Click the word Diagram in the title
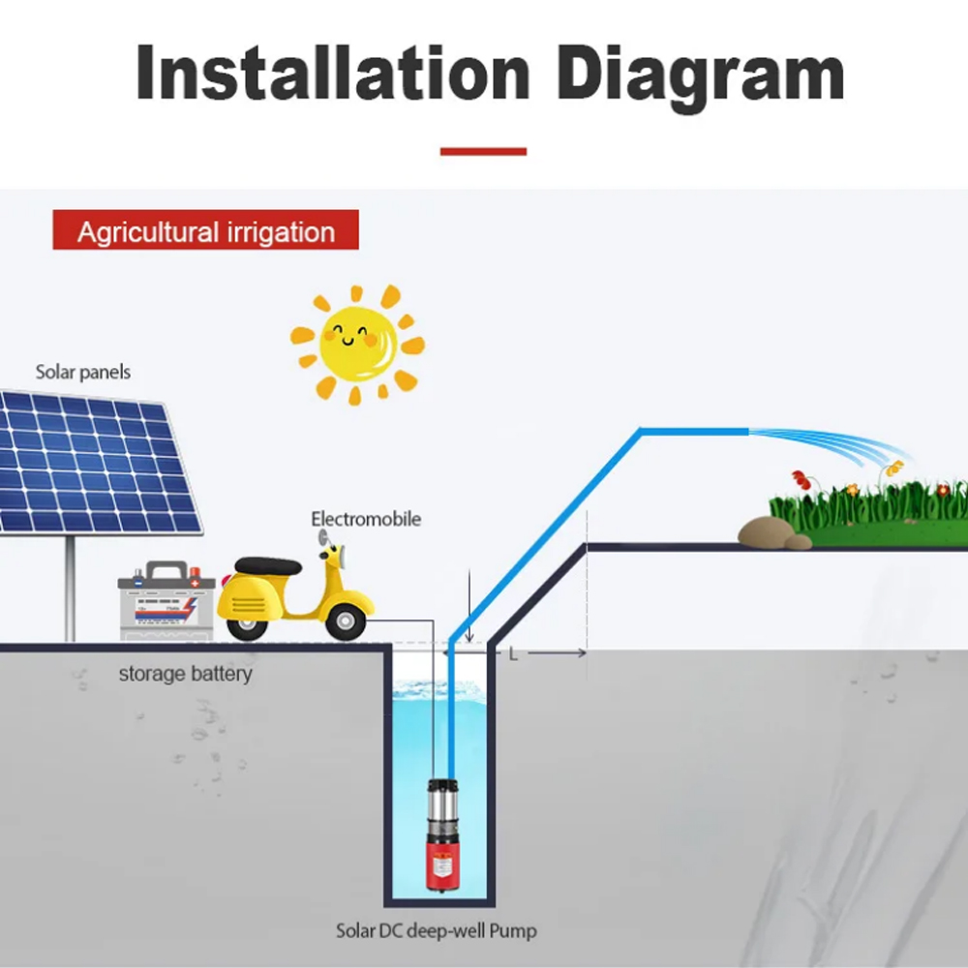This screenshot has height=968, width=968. (701, 77)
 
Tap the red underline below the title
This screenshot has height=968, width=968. (483, 151)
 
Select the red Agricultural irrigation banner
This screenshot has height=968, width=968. (205, 229)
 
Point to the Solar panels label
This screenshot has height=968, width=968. (82, 373)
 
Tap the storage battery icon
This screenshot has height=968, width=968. (166, 600)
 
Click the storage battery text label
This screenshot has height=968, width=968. (185, 674)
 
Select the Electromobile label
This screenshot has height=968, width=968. (366, 519)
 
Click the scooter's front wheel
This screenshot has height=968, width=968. (345, 621)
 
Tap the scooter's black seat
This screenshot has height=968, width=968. (268, 565)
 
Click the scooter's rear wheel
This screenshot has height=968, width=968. (247, 624)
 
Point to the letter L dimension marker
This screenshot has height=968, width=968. (513, 653)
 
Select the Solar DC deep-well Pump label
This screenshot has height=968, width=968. (436, 930)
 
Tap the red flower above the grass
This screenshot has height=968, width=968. (801, 479)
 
